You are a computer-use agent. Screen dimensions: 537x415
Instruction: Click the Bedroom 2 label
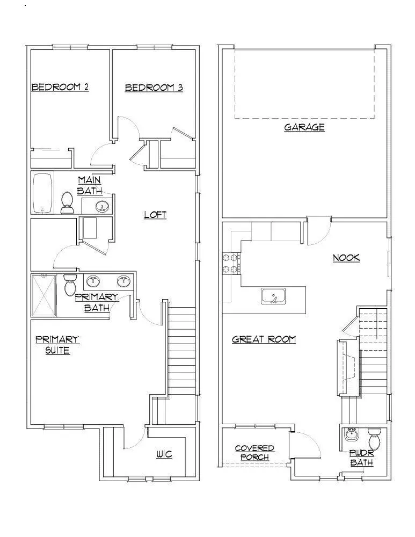pos(60,87)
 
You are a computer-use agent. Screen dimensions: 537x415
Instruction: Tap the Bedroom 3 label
pos(154,88)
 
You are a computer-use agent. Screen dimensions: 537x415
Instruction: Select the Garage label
pos(304,127)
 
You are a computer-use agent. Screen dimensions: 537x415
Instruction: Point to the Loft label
pos(155,215)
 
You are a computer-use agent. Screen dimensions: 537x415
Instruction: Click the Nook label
pos(346,258)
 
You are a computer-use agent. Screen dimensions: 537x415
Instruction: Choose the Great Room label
pos(264,339)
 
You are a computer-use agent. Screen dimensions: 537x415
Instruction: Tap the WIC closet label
pos(164,454)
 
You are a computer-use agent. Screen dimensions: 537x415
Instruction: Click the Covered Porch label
pos(254,453)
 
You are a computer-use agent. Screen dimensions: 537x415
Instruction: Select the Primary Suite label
pos(57,345)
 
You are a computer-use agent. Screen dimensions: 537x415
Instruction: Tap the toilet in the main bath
pos(68,202)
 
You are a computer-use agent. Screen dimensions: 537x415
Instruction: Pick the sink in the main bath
pos(102,206)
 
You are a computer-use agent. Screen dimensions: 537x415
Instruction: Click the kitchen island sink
pos(274,296)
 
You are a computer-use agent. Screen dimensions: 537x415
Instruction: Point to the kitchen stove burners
pos(231,263)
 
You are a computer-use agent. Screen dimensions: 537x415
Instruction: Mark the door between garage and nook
pos(318,231)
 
